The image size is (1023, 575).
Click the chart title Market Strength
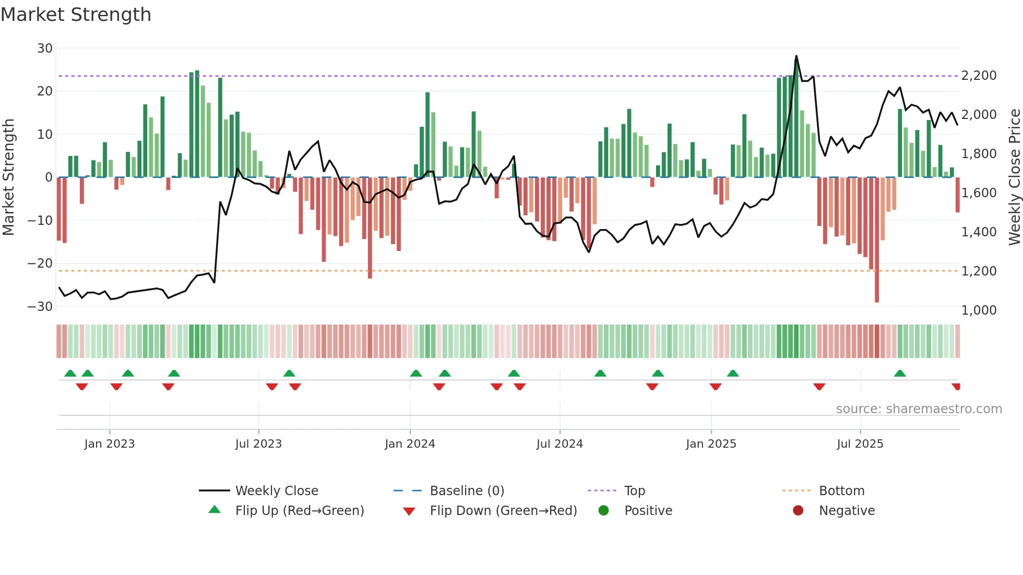(x=76, y=15)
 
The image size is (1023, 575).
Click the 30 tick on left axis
(x=45, y=49)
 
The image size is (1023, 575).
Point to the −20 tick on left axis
(x=40, y=263)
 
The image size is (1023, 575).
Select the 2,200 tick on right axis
(x=979, y=76)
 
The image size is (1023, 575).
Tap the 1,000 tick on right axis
(x=979, y=310)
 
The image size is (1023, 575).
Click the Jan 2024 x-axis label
(x=410, y=444)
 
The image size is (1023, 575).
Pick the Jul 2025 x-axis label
(x=860, y=444)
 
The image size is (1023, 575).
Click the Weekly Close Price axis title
(x=1014, y=177)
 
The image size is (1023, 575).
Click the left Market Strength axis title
(x=9, y=177)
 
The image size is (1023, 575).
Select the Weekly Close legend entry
(x=277, y=491)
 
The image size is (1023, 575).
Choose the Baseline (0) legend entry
(x=467, y=491)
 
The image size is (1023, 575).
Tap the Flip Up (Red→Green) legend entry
(x=299, y=511)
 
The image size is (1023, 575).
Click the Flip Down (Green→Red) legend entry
(x=503, y=511)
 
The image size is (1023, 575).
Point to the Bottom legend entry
(x=841, y=491)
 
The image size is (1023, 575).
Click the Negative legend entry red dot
(x=798, y=511)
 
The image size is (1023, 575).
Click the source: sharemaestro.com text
(x=919, y=409)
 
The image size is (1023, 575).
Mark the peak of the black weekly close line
(x=796, y=56)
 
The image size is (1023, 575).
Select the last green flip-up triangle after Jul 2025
(x=900, y=374)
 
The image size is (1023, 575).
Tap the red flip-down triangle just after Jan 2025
(x=716, y=387)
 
